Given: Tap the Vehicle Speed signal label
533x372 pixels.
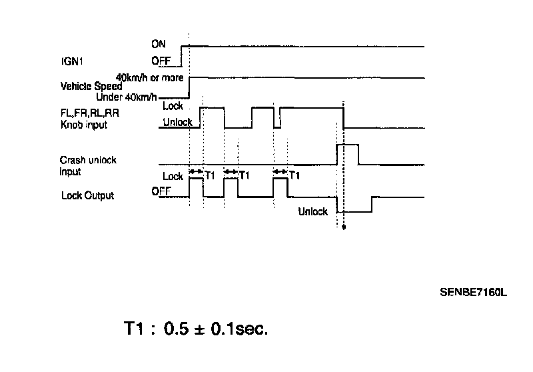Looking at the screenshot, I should [91, 86].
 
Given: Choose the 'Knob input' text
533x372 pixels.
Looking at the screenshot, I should [83, 124].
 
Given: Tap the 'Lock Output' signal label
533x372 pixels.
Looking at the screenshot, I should [87, 195].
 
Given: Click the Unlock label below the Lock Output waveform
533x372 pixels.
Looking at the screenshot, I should [312, 212].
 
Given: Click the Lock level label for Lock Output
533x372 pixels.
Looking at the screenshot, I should [173, 177].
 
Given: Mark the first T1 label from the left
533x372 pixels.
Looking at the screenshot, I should [210, 176].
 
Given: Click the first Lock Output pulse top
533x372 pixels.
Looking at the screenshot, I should [197, 181].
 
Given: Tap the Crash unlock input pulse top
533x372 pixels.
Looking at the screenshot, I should [348, 144].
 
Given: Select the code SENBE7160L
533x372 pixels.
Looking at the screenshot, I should [473, 291].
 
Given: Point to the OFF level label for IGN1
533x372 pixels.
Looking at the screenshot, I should [161, 61].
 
